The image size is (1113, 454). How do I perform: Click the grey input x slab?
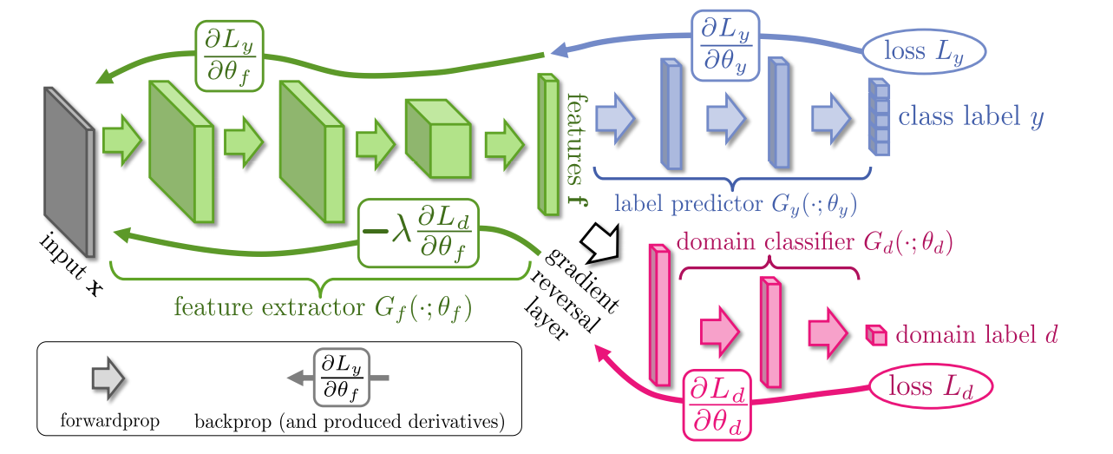point(69,172)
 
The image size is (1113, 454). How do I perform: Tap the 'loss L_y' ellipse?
point(924,51)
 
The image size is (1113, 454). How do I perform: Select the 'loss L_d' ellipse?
point(931,387)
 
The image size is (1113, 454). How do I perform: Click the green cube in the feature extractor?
point(438,138)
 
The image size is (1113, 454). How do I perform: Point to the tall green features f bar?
point(548,145)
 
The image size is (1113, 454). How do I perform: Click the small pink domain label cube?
point(876,335)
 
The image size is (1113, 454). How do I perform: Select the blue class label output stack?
point(879,117)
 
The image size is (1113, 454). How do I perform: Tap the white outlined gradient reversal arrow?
point(601,243)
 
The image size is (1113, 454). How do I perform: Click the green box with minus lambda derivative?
point(418,234)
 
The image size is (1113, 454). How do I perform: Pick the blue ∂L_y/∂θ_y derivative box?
point(725,46)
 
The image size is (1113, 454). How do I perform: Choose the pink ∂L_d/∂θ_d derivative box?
point(717,405)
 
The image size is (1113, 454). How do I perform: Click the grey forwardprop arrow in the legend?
point(108,378)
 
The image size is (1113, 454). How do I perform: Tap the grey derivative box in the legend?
point(342,378)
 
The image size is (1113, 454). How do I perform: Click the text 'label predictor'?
point(688,204)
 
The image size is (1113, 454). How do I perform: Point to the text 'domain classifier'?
point(765,242)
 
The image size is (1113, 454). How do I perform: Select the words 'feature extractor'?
point(269,306)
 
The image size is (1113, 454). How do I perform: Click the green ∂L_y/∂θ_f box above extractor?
point(230,56)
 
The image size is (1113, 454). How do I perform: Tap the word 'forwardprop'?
point(110,421)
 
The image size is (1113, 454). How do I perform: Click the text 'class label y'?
point(971,117)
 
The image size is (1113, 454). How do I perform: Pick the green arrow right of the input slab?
point(122,141)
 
